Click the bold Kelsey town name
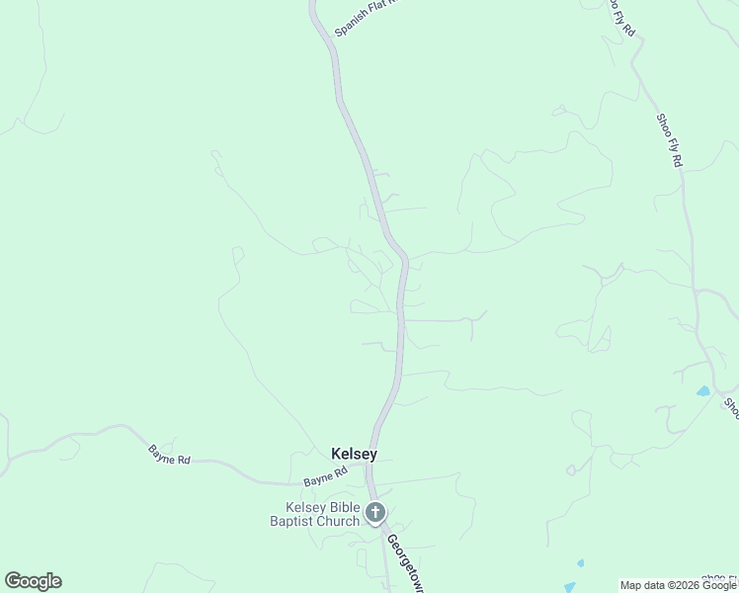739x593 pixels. click(354, 454)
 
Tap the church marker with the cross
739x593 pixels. click(375, 512)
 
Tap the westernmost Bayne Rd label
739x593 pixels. click(168, 455)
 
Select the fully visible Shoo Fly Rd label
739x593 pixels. click(669, 139)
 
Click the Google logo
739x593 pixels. click(33, 581)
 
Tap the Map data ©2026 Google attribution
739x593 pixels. click(679, 585)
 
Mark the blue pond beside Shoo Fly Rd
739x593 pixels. click(702, 391)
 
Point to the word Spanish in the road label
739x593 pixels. click(351, 24)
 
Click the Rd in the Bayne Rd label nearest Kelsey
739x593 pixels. click(340, 472)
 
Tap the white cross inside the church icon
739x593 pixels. click(375, 512)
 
